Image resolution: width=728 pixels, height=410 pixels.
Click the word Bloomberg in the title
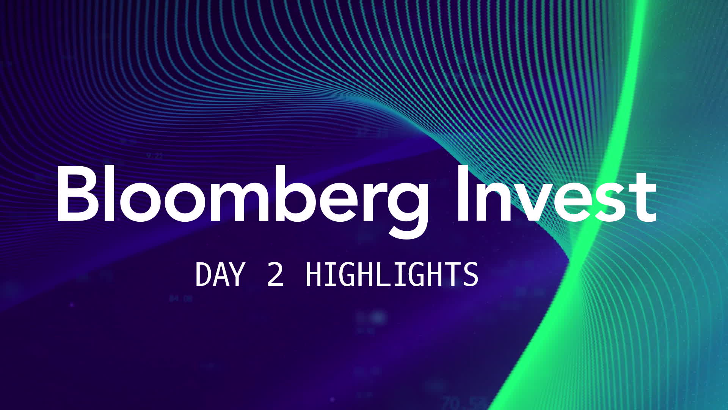pyautogui.click(x=243, y=197)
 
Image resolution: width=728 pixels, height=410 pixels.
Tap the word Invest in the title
pyautogui.click(x=555, y=196)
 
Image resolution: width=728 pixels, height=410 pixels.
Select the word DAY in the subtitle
pyautogui.click(x=220, y=274)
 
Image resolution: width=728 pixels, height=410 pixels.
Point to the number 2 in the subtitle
pyautogui.click(x=276, y=274)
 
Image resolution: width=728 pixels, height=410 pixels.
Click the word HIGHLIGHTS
pyautogui.click(x=392, y=274)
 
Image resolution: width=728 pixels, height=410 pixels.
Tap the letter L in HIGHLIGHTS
pyautogui.click(x=383, y=274)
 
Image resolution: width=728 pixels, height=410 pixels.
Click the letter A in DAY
pyautogui.click(x=220, y=274)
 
